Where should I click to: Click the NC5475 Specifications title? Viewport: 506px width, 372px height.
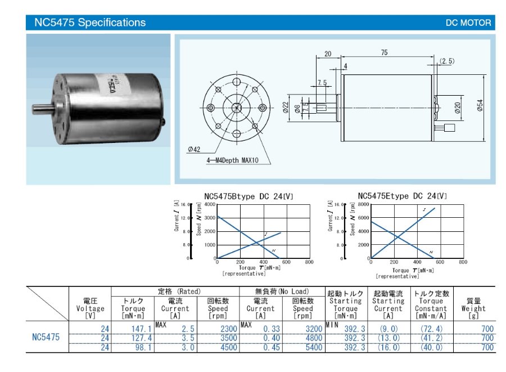(90, 23)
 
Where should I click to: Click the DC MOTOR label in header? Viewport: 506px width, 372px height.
(468, 24)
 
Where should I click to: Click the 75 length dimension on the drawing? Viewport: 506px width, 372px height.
(384, 52)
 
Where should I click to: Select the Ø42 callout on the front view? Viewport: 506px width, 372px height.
(194, 149)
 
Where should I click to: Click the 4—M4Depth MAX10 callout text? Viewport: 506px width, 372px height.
(232, 161)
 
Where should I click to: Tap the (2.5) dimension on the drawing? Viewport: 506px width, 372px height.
(448, 61)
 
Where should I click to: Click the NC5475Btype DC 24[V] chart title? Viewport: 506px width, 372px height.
(249, 196)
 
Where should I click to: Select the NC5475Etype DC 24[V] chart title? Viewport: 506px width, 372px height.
(403, 196)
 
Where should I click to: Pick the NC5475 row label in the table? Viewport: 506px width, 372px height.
(46, 338)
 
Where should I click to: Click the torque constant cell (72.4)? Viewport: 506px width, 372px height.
(431, 329)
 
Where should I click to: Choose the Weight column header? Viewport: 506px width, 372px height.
(473, 308)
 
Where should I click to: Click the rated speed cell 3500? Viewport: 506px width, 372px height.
(218, 338)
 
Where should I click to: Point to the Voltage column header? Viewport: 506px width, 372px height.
(90, 308)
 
